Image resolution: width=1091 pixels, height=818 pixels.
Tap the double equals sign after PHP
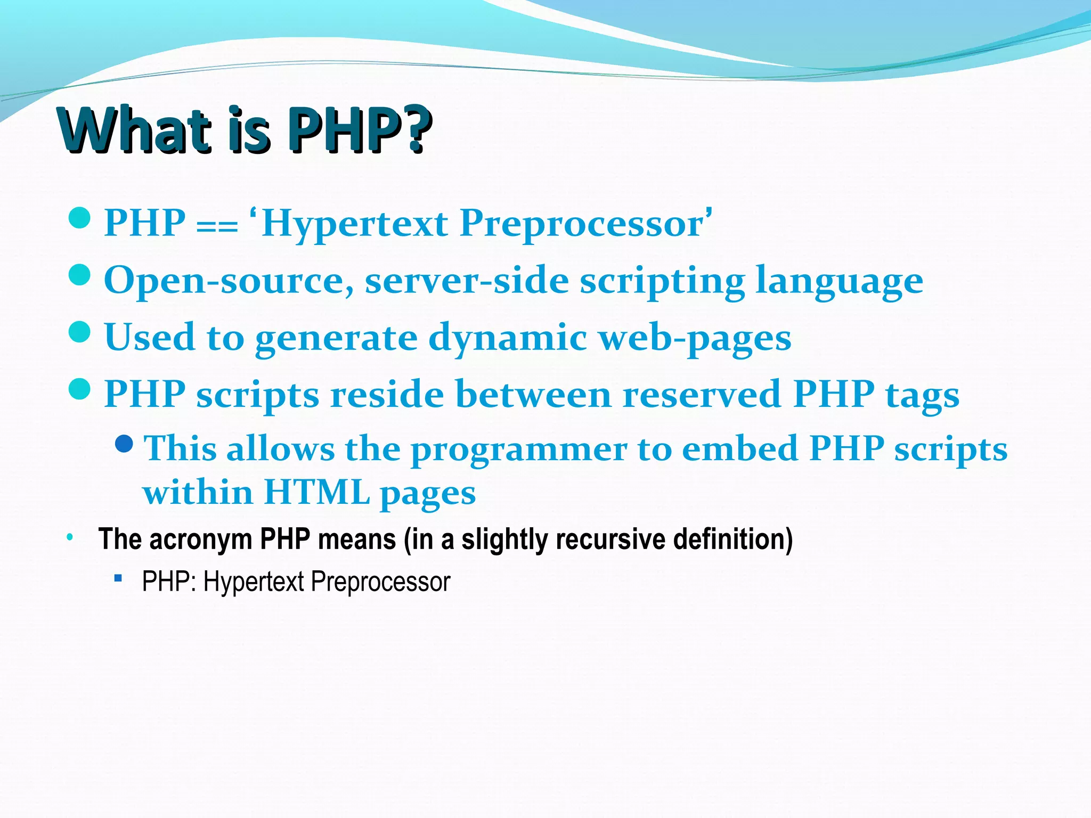click(x=217, y=226)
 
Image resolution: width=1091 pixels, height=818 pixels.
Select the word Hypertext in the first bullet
click(x=354, y=224)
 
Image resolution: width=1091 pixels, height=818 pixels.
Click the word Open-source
click(x=229, y=281)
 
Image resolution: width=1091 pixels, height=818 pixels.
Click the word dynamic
click(x=508, y=338)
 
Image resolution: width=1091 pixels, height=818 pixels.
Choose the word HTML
click(x=317, y=492)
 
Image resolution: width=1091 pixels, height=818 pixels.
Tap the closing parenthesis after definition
click(x=788, y=540)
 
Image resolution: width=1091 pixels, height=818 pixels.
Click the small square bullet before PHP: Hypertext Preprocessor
click(x=118, y=577)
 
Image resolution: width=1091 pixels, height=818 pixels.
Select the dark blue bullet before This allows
click(x=124, y=444)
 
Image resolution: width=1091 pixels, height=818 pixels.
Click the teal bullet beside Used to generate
click(x=80, y=332)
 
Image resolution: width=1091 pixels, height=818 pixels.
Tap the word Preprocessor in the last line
click(x=380, y=582)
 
